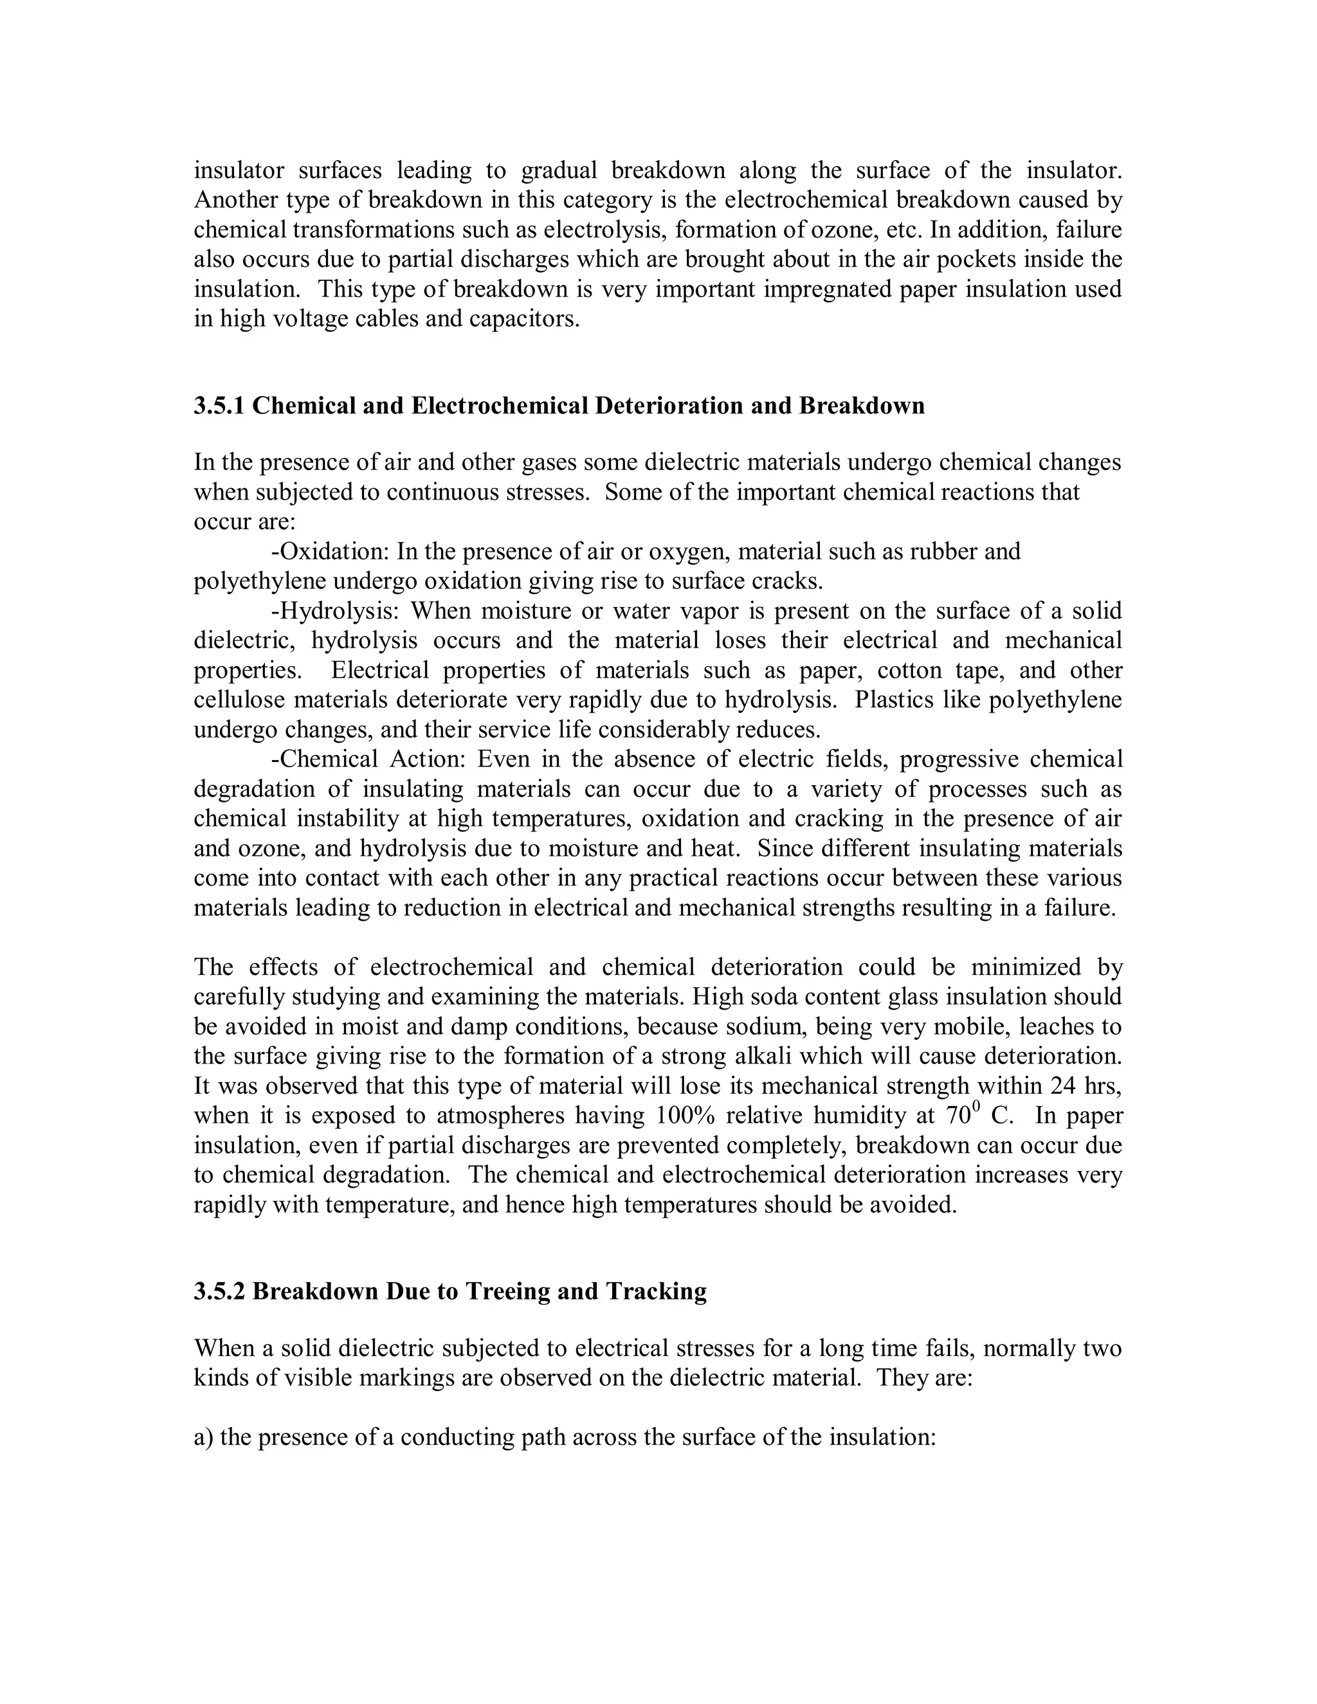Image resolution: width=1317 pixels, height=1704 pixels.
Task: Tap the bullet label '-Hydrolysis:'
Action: click(x=336, y=611)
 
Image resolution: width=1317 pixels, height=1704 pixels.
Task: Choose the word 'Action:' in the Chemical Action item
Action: click(x=428, y=759)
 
